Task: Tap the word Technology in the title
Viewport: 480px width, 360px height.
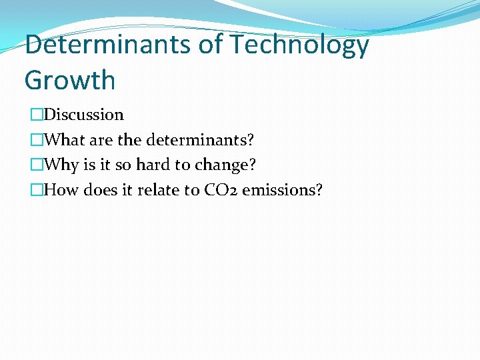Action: (299, 45)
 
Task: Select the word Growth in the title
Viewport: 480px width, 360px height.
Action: (70, 81)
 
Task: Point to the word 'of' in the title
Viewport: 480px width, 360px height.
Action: (207, 45)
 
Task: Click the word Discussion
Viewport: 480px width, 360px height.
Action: (83, 115)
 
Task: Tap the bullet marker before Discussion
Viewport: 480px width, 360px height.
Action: (36, 115)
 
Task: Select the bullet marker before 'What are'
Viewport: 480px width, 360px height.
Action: (36, 140)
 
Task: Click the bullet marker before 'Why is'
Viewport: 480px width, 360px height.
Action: (36, 165)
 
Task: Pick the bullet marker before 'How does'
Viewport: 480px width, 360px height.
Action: (36, 191)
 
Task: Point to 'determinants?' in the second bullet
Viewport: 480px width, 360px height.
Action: (200, 140)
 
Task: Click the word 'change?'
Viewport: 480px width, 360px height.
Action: (225, 165)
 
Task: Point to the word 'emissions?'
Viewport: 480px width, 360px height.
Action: (282, 191)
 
